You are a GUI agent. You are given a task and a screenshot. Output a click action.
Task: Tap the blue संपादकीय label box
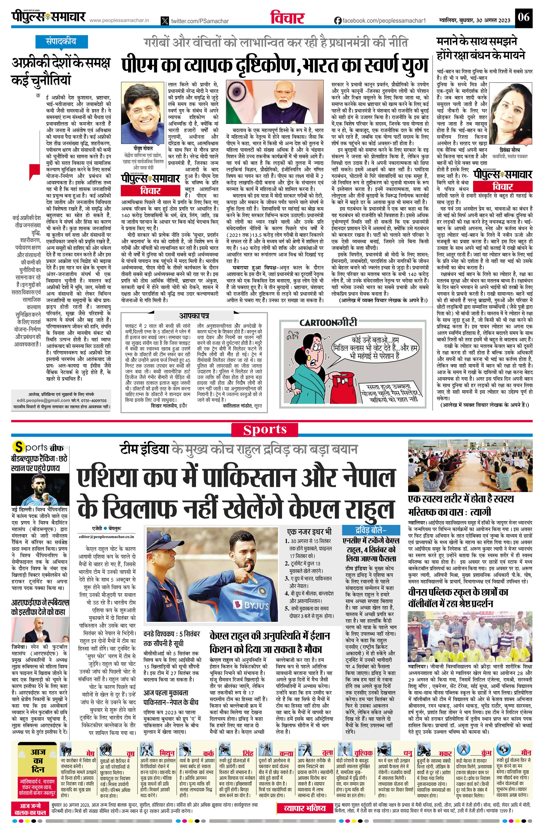pos(61,41)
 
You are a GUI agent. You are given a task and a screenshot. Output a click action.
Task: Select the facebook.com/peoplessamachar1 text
pos(384,21)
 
